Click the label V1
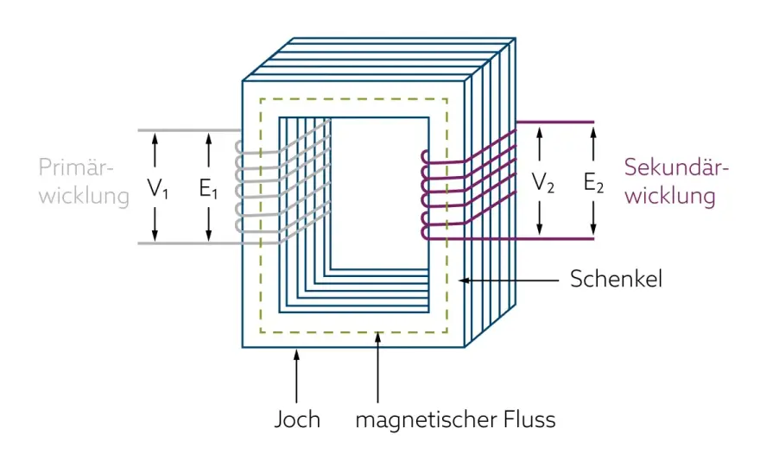click(x=158, y=188)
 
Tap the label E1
click(x=208, y=188)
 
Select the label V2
click(x=543, y=183)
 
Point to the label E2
click(x=594, y=183)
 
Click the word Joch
click(x=297, y=419)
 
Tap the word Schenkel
click(x=616, y=279)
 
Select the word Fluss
click(x=529, y=419)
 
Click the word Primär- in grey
click(x=76, y=167)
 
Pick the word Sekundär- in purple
click(x=676, y=167)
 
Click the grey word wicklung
click(x=84, y=197)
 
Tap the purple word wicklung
click(x=670, y=197)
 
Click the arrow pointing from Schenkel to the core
click(x=509, y=280)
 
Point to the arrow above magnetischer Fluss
click(x=377, y=367)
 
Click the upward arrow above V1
click(x=155, y=151)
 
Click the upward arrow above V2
click(x=540, y=145)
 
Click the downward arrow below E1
click(x=208, y=224)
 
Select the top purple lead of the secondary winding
click(x=555, y=122)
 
